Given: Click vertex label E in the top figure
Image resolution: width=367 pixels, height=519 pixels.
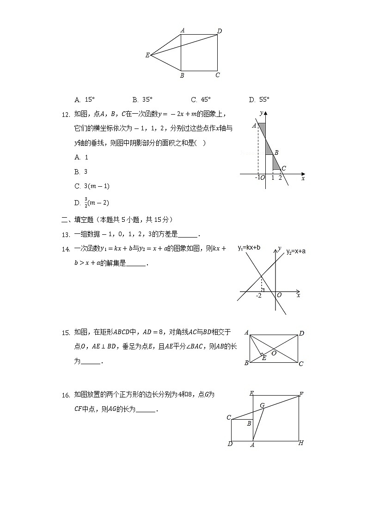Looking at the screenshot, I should click(x=147, y=55).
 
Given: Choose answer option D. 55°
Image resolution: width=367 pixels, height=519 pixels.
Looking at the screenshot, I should click(x=259, y=99).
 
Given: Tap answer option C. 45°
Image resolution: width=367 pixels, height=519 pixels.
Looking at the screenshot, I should click(x=201, y=99).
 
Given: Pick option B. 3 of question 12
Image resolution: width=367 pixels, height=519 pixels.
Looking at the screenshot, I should click(x=81, y=172).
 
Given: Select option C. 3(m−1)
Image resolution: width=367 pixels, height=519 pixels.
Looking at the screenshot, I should click(x=92, y=186).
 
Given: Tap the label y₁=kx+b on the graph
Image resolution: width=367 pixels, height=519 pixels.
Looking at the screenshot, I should click(x=249, y=248).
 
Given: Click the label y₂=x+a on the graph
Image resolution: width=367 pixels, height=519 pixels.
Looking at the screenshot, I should click(x=296, y=251).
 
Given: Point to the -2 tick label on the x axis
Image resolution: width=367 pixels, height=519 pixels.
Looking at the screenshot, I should click(x=259, y=295).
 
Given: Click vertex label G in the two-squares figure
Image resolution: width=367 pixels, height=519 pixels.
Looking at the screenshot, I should click(x=262, y=405).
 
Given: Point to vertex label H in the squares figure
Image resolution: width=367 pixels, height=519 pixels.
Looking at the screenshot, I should click(x=301, y=443).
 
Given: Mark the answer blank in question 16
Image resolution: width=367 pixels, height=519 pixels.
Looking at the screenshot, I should click(x=146, y=410).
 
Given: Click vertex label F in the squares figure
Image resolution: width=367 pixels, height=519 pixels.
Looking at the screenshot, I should click(x=301, y=394).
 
